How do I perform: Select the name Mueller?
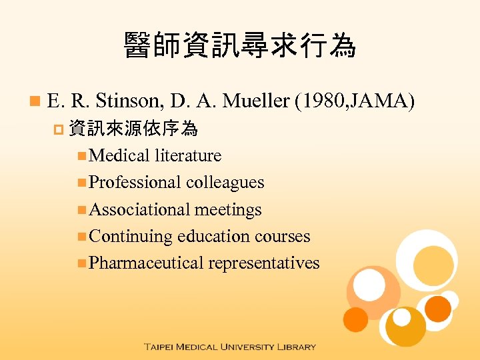pyautogui.click(x=255, y=101)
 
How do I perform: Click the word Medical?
pyautogui.click(x=119, y=155)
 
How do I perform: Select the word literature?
pyautogui.click(x=188, y=155)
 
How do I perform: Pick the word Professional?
pyautogui.click(x=135, y=182)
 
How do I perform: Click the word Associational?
pyautogui.click(x=139, y=209)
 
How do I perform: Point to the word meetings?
pyautogui.click(x=228, y=209)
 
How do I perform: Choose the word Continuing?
pyautogui.click(x=131, y=236)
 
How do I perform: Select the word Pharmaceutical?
pyautogui.click(x=146, y=263)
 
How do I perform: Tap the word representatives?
pyautogui.click(x=264, y=263)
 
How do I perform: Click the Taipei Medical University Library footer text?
pyautogui.click(x=229, y=347)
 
